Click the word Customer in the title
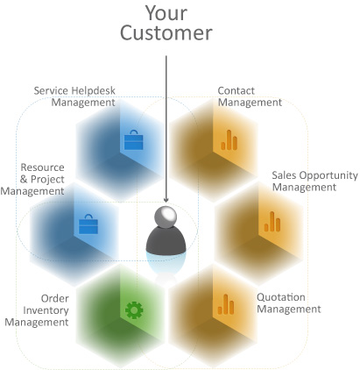166,32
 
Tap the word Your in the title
166,13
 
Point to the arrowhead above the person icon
166,200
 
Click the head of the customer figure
166,217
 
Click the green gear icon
134,310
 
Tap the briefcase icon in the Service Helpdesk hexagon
134,140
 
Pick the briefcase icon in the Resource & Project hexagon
88,224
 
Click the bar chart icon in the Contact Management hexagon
229,140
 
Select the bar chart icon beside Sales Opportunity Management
272,222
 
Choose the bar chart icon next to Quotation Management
226,304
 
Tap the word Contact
236,90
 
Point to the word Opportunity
328,176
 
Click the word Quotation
281,297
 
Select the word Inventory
46,310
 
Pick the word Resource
42,167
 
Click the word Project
47,180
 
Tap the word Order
55,298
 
